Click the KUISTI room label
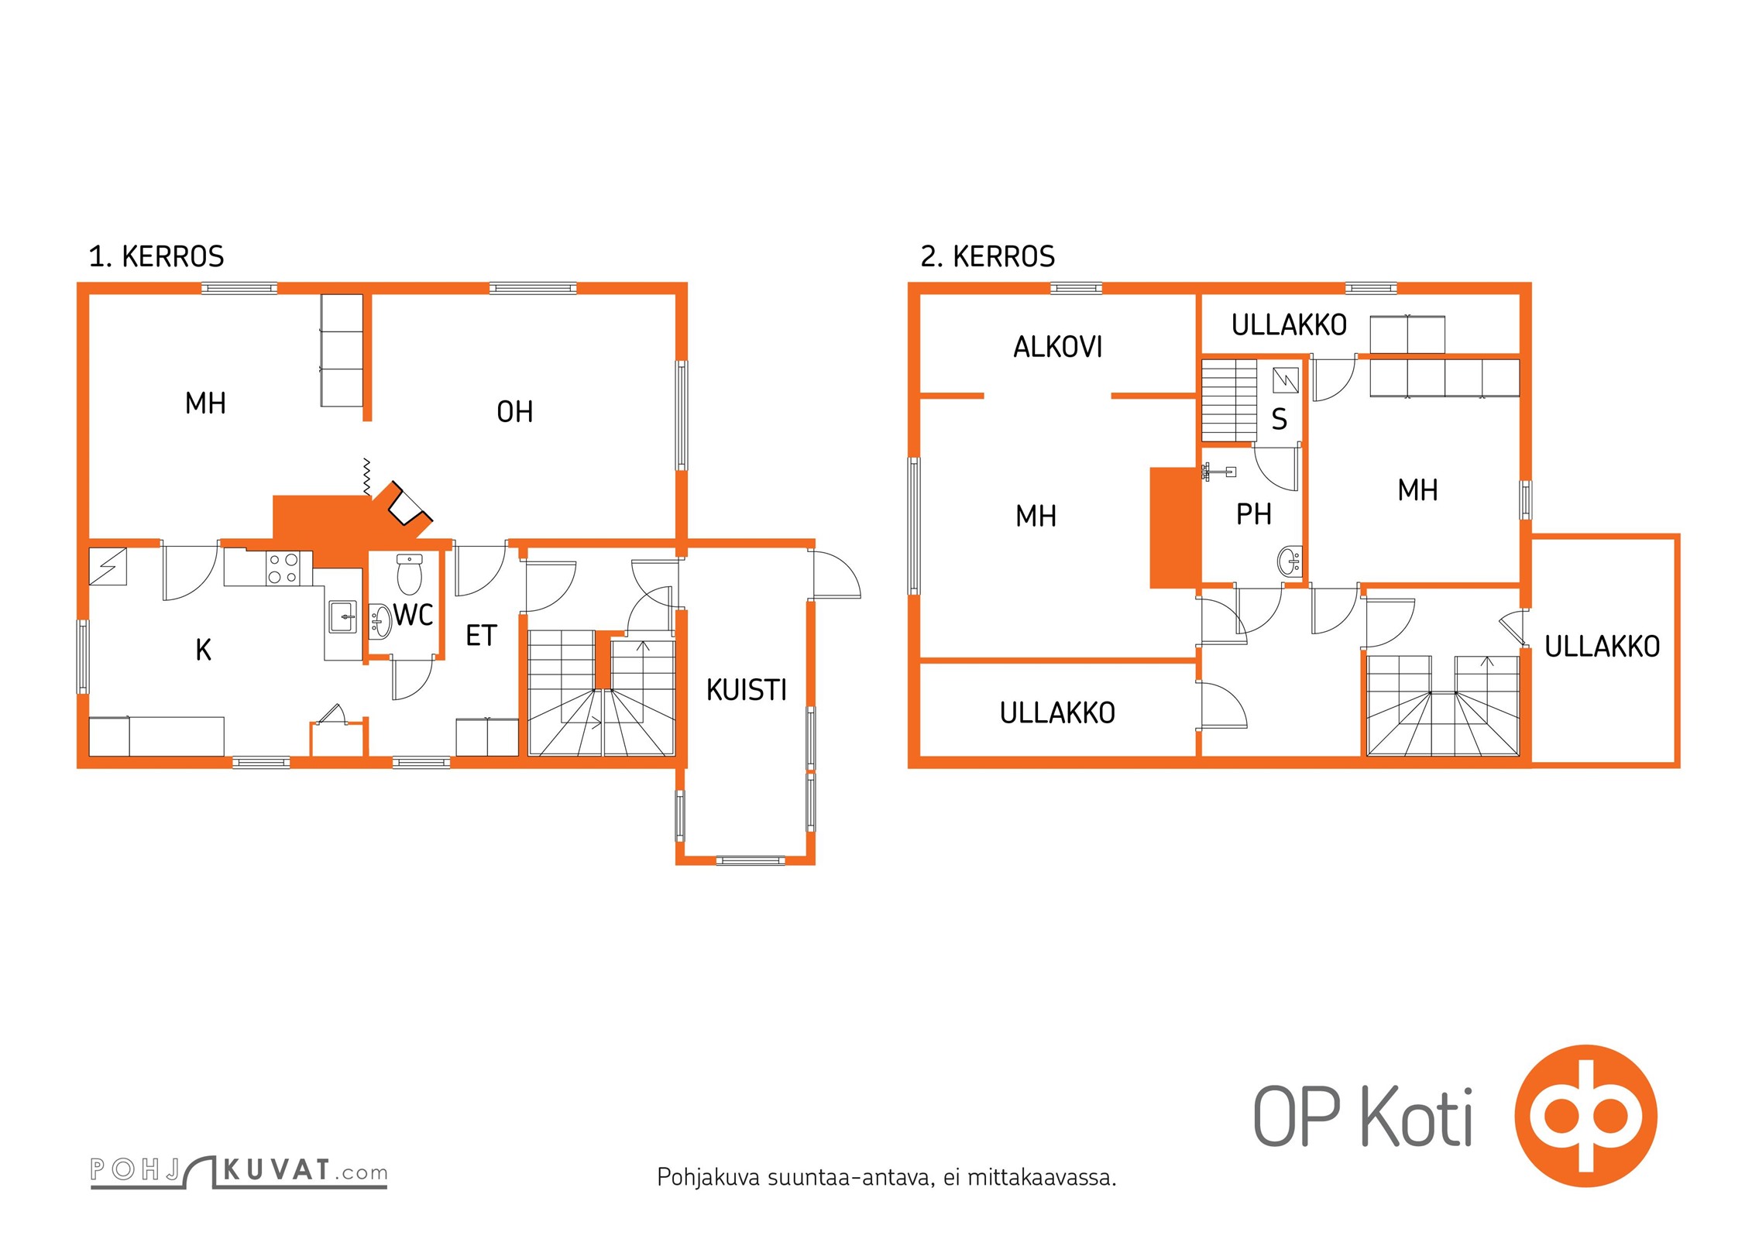pyautogui.click(x=746, y=689)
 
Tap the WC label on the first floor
pyautogui.click(x=413, y=615)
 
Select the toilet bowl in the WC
pyautogui.click(x=409, y=573)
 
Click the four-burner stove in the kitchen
pyautogui.click(x=283, y=568)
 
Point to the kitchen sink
pyautogui.click(x=342, y=617)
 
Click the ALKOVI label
pyautogui.click(x=1057, y=347)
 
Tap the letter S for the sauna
pyautogui.click(x=1279, y=419)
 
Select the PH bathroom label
pyautogui.click(x=1253, y=513)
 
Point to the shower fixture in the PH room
pyautogui.click(x=1217, y=471)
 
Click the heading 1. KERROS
pyautogui.click(x=156, y=256)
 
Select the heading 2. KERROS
pyautogui.click(x=988, y=256)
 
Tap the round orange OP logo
pyautogui.click(x=1585, y=1115)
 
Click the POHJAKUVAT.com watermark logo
pyautogui.click(x=239, y=1172)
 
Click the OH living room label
pyautogui.click(x=514, y=411)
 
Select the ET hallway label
pyautogui.click(x=480, y=635)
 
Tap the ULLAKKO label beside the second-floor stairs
pyautogui.click(x=1602, y=646)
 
